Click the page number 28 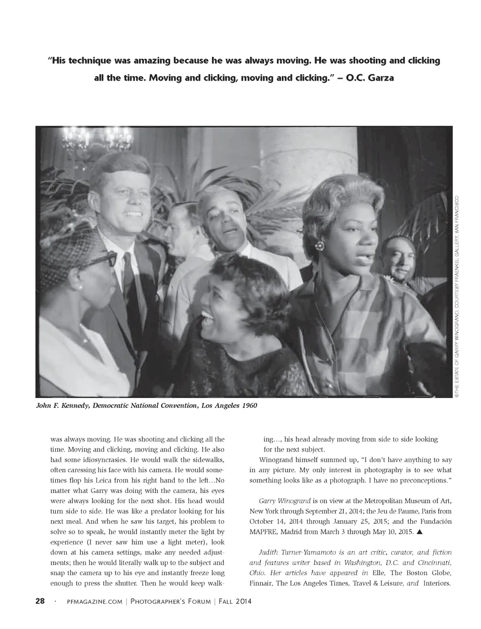coord(40,601)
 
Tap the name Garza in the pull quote coord(379,78)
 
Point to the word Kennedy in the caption coord(75,406)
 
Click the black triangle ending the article coord(419,532)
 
